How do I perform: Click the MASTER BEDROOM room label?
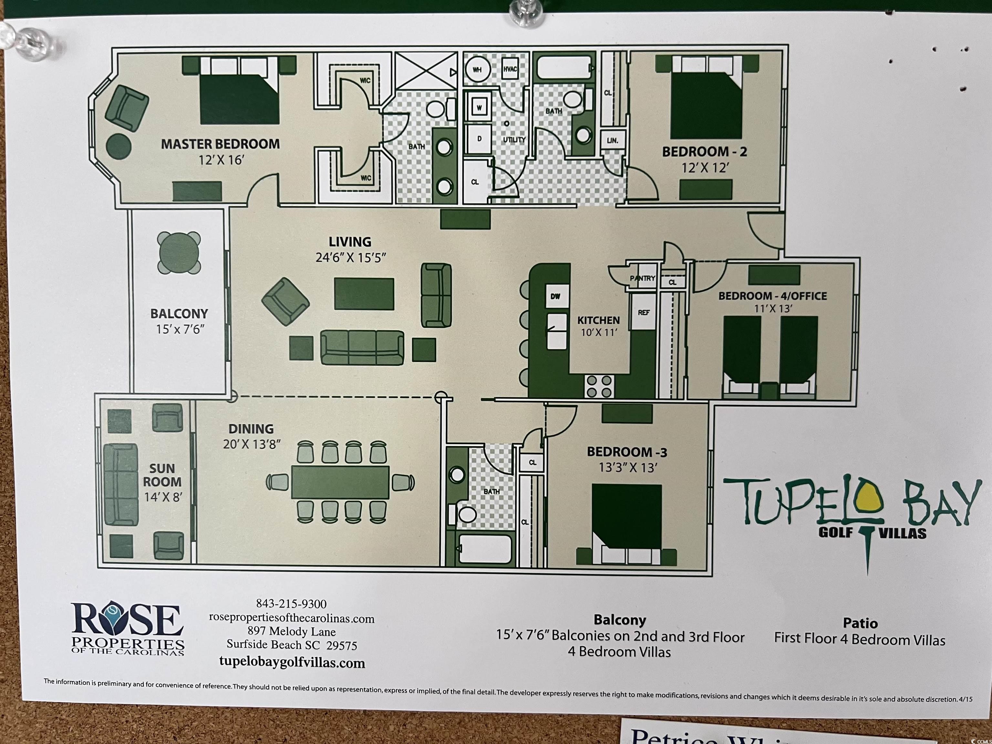click(220, 144)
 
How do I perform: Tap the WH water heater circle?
click(477, 70)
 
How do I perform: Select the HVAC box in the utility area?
click(510, 69)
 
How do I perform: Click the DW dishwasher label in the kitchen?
click(556, 296)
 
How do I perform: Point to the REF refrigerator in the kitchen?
click(644, 312)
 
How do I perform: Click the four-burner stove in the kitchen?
click(599, 387)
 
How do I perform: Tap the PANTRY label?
click(643, 278)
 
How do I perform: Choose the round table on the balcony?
click(179, 253)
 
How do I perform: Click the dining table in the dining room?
click(340, 482)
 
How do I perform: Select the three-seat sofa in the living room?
click(362, 347)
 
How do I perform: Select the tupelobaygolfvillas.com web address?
click(292, 662)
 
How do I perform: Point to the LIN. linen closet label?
click(612, 140)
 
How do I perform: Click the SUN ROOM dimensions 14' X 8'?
click(163, 497)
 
